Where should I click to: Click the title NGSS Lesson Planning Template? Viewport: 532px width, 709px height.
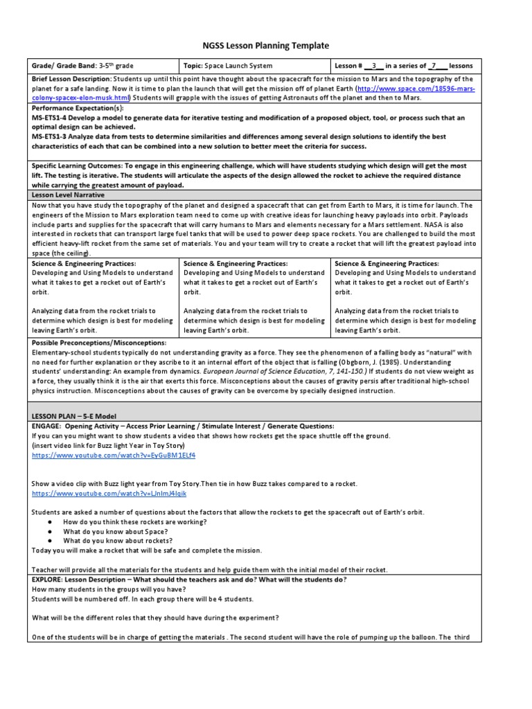coord(265,46)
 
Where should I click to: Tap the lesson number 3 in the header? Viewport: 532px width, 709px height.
coord(373,66)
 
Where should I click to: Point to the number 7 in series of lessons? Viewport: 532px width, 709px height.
coord(432,66)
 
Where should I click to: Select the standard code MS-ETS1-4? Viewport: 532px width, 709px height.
coord(55,118)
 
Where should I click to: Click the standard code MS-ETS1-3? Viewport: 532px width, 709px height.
coord(55,137)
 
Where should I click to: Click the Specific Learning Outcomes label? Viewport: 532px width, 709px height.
coord(76,166)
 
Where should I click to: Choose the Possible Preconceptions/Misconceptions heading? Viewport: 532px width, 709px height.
coord(99,343)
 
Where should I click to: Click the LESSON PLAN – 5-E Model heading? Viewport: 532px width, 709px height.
coord(71,415)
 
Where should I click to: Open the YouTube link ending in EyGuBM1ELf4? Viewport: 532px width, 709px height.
coord(113,456)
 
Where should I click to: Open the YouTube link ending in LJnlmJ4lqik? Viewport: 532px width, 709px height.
coord(109,494)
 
